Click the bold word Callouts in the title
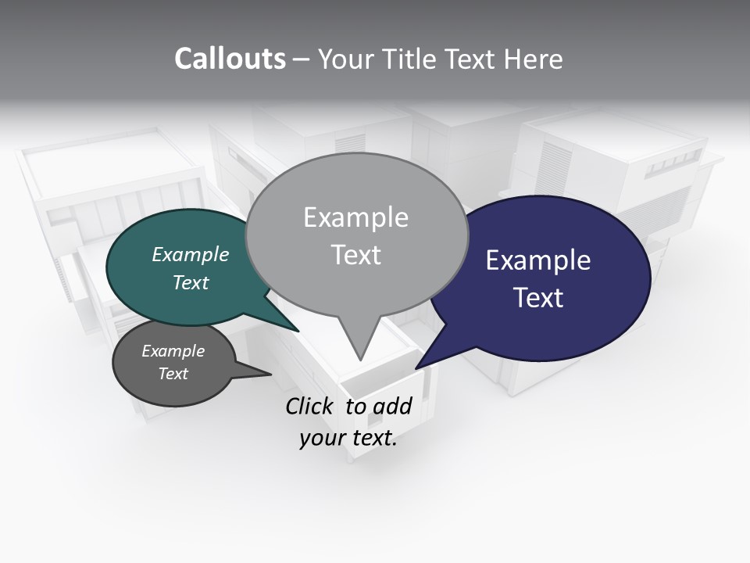(x=230, y=59)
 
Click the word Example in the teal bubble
(x=191, y=255)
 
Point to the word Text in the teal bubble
(x=191, y=282)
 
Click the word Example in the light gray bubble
(x=355, y=217)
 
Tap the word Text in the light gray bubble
(x=355, y=255)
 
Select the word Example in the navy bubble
(x=538, y=260)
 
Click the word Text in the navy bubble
(x=538, y=298)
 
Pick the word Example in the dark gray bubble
(x=173, y=351)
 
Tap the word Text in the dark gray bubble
(x=173, y=374)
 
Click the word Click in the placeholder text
(x=310, y=407)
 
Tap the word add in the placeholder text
(x=393, y=407)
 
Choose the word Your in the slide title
(x=344, y=59)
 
